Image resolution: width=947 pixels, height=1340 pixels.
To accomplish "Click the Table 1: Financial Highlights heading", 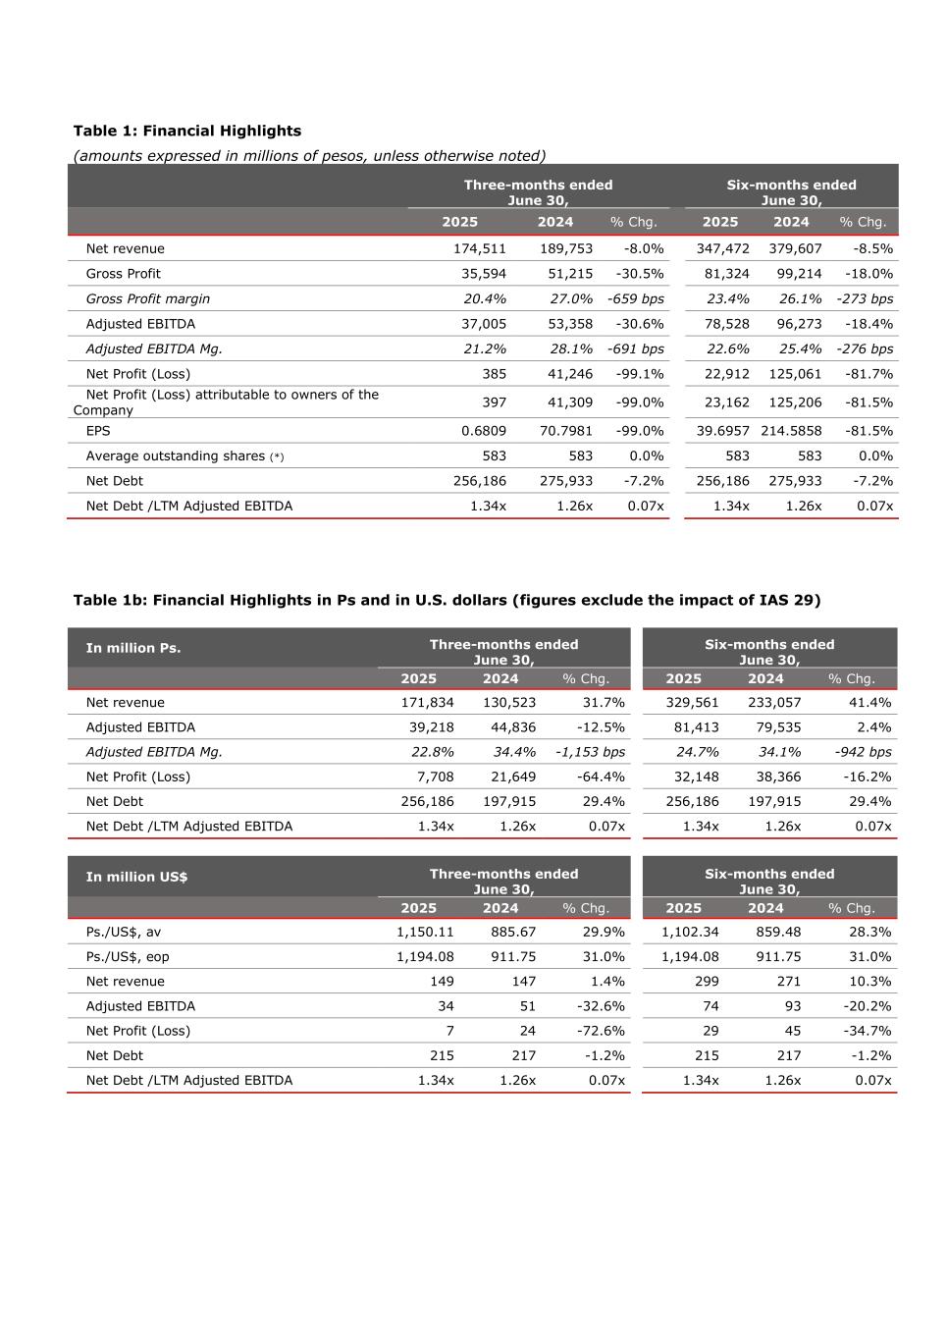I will pyautogui.click(x=187, y=131).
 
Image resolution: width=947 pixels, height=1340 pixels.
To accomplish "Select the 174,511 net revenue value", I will pyautogui.click(x=479, y=248).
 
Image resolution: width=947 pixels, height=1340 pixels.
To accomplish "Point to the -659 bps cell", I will pyautogui.click(x=636, y=298).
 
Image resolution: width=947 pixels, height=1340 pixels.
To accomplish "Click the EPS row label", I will pyautogui.click(x=98, y=431).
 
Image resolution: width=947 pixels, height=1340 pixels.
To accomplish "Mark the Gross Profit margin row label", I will pyautogui.click(x=147, y=298).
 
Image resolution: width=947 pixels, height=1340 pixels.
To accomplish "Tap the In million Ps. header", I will pyautogui.click(x=133, y=648).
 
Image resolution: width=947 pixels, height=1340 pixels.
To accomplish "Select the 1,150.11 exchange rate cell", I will pyautogui.click(x=425, y=932).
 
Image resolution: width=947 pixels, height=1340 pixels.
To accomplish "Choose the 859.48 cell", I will pyautogui.click(x=778, y=932).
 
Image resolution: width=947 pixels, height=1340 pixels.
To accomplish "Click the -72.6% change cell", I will pyautogui.click(x=601, y=1031).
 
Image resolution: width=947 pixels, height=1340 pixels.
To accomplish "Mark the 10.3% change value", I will pyautogui.click(x=868, y=981).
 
